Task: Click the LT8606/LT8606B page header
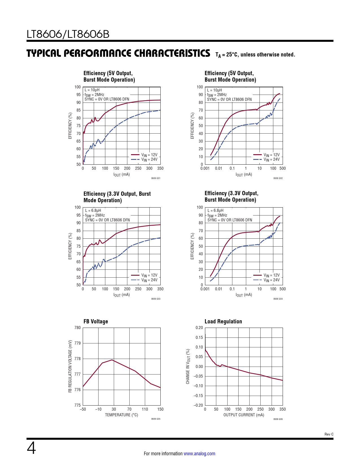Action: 68,34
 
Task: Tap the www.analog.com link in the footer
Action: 199,454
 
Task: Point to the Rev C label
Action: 329,434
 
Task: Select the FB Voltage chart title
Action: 96,321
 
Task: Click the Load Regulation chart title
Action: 223,321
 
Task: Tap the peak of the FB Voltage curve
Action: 112,360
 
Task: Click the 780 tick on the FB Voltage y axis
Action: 77,328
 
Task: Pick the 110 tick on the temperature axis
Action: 145,409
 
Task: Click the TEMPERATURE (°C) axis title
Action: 121,415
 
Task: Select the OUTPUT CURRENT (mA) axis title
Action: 244,415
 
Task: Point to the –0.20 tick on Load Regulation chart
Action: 198,405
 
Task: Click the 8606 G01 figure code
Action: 156,178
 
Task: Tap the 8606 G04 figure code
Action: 278,299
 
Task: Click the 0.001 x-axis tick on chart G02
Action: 205,168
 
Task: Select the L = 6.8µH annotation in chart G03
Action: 93,210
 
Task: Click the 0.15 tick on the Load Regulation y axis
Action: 199,337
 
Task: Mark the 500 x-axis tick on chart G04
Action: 282,289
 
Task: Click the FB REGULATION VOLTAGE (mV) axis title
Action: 70,366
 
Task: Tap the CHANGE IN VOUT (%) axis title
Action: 188,366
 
